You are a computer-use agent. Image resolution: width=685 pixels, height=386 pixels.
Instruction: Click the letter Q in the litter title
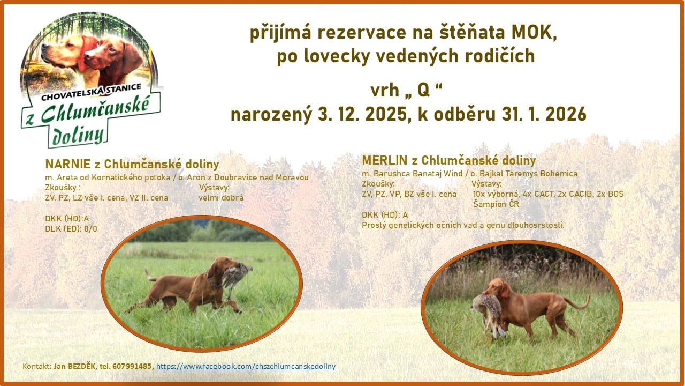(x=423, y=91)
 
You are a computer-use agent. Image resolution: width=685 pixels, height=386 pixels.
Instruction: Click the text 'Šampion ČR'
(x=496, y=204)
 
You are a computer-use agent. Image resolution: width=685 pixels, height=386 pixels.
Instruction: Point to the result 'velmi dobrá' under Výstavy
(x=221, y=197)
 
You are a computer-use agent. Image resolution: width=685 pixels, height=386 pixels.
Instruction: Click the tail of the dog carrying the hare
(x=578, y=303)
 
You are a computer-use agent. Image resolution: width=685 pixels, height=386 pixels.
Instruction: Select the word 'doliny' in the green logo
(x=78, y=136)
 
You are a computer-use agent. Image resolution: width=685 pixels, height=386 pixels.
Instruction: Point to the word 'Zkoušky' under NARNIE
(x=61, y=188)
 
